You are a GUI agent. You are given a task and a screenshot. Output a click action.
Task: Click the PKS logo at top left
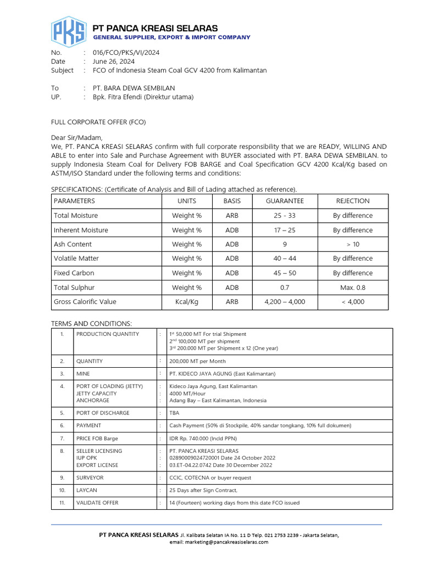69,32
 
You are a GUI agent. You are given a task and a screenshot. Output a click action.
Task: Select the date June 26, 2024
114,61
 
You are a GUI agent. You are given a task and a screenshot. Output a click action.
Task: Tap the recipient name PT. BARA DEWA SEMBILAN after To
134,88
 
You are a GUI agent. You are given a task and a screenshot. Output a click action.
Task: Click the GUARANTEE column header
285,201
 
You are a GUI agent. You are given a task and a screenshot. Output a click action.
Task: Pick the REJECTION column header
353,201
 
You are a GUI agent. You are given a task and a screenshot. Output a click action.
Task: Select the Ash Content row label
73,244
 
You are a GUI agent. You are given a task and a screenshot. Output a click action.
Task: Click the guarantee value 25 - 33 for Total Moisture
285,216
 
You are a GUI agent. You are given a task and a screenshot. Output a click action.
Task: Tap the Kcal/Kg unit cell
187,301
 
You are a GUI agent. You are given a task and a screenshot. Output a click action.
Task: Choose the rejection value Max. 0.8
353,287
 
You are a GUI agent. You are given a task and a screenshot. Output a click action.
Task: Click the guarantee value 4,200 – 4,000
285,301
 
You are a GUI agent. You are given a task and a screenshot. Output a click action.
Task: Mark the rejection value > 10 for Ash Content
353,244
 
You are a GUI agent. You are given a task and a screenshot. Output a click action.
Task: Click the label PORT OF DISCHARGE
103,413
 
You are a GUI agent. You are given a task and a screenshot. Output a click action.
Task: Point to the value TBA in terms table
174,413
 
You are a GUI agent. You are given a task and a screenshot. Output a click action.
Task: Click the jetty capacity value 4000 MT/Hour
188,394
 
